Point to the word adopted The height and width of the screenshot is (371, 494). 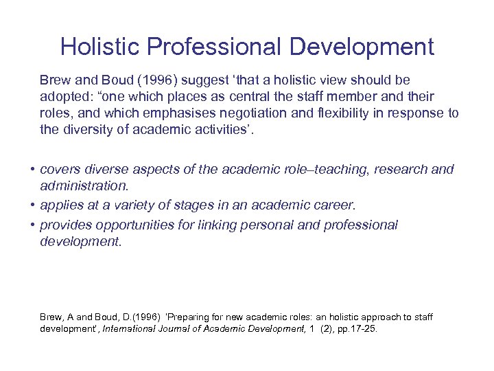[64, 97]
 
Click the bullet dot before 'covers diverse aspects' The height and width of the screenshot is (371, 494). [32, 170]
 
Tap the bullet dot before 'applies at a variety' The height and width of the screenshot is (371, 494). [32, 205]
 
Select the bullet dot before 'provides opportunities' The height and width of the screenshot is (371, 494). [32, 225]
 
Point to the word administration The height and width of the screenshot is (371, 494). [84, 186]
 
